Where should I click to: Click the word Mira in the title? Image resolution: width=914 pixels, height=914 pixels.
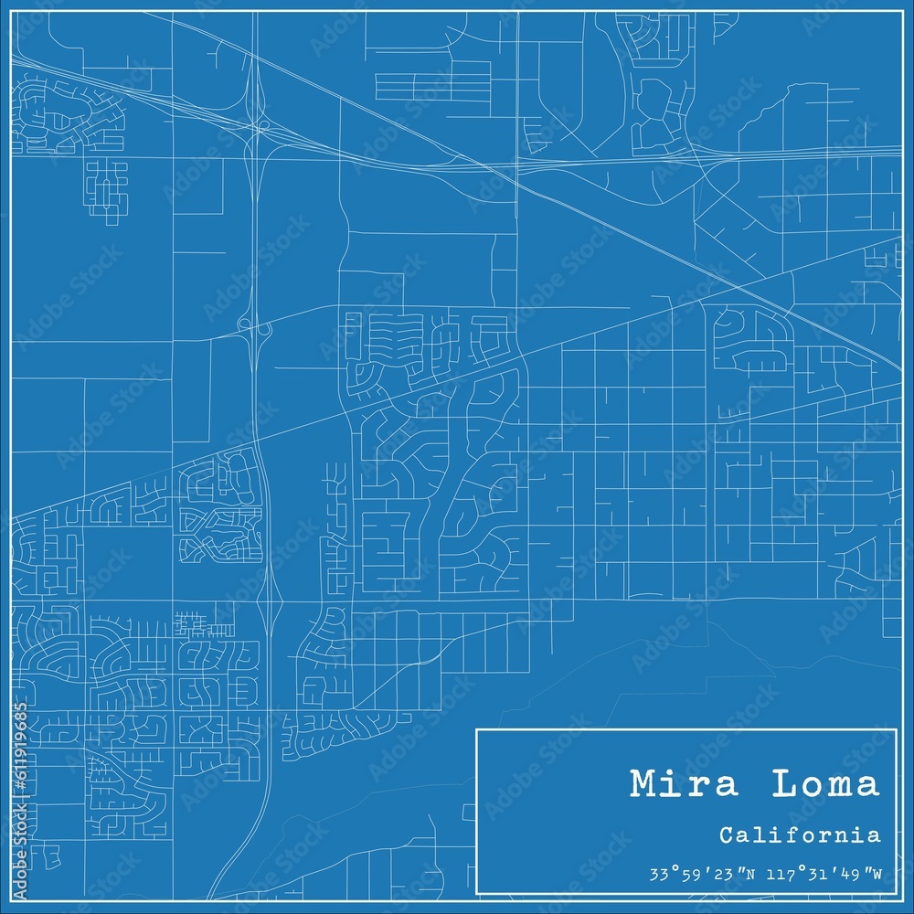673,784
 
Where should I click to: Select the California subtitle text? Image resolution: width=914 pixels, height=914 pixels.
800,834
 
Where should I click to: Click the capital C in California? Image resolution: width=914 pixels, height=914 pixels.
726,834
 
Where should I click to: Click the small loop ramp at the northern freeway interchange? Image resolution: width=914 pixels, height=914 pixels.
263,125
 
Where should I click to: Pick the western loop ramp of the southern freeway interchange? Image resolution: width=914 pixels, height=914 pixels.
244,324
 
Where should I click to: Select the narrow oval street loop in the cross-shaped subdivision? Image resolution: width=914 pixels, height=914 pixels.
106,194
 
